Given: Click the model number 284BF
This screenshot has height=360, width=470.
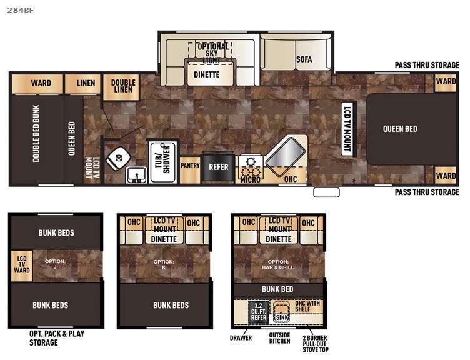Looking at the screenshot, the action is coord(21,10).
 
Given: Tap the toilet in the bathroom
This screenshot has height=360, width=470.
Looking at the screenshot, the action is coord(118,159).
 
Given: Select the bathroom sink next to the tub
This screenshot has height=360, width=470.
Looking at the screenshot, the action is coord(136,175).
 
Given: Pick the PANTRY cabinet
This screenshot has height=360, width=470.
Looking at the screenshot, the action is coord(190,169).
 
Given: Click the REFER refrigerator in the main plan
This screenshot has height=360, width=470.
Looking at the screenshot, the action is coord(219,167).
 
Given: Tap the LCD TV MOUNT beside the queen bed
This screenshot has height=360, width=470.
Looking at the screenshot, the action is coord(347,129).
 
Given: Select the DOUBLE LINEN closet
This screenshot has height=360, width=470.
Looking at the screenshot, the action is coord(121,87).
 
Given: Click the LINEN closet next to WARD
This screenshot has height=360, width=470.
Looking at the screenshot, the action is coord(82,84).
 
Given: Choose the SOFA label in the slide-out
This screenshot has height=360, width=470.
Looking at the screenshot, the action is coord(304,59).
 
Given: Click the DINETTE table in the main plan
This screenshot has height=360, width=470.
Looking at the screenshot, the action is coord(210,73).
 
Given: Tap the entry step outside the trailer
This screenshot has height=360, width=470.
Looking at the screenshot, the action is coord(326,192).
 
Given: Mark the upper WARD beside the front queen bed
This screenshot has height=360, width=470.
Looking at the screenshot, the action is coord(446,82).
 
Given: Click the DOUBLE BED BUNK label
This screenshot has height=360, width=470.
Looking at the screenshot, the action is coord(36,134).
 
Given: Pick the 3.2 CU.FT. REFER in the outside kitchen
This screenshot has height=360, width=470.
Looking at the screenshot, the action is coord(258,312).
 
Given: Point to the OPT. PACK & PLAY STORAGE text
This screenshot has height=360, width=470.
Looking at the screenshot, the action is coord(57,338).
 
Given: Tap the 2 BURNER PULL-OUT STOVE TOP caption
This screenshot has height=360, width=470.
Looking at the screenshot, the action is coord(316,344).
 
